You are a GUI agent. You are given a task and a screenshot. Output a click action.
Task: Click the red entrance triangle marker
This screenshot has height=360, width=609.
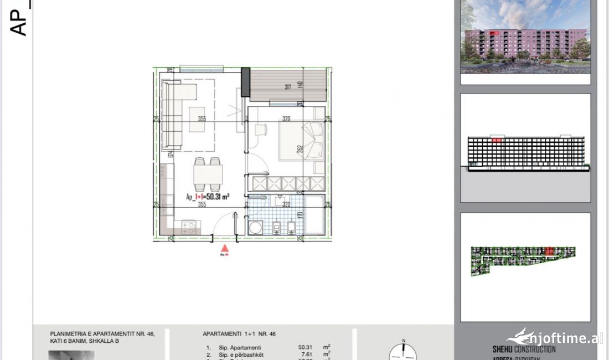[x=225, y=250]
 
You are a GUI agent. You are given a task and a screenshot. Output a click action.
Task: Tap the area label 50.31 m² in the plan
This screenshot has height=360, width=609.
[x=208, y=197]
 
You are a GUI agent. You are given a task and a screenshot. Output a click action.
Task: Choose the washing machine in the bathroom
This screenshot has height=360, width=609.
[x=256, y=228]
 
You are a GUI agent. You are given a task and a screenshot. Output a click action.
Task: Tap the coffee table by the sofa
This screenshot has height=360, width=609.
[x=197, y=119]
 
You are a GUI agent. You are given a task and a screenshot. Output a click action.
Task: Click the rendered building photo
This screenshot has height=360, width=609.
[x=525, y=37]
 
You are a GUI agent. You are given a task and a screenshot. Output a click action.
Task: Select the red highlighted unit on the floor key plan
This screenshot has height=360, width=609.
[x=550, y=251]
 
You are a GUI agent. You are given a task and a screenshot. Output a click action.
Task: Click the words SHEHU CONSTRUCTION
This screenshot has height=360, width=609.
[x=524, y=349]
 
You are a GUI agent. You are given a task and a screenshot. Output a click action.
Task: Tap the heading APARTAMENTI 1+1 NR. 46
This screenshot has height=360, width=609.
[x=239, y=334]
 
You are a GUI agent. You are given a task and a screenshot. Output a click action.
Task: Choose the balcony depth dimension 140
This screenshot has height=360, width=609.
[x=300, y=85]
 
